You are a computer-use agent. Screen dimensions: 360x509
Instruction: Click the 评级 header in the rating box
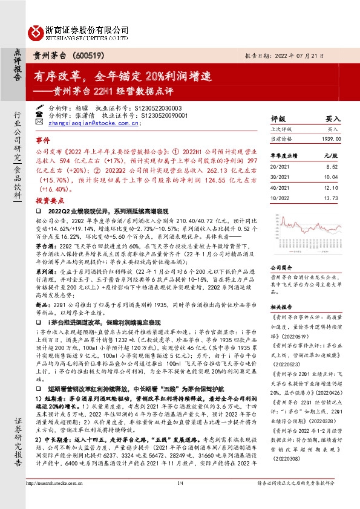(x=278, y=119)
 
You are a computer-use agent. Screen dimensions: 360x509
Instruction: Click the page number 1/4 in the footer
(x=180, y=484)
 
